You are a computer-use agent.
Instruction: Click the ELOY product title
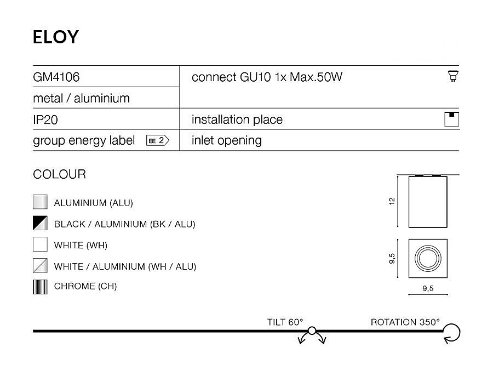tap(56, 37)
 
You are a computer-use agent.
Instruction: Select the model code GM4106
tap(56, 77)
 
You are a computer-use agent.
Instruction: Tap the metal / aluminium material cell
tap(81, 99)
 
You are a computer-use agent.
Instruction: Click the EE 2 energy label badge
tap(158, 140)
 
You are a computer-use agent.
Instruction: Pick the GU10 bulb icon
tap(452, 76)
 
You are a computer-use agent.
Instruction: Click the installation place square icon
tap(452, 119)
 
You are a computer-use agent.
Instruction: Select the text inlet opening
tap(227, 140)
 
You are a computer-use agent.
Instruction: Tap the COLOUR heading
tap(59, 175)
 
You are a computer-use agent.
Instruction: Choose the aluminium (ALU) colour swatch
tap(40, 202)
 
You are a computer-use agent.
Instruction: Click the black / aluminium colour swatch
tap(40, 224)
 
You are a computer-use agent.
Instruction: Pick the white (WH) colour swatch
tap(40, 244)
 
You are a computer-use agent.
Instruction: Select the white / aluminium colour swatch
tap(40, 266)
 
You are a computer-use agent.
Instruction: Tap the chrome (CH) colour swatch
tap(40, 287)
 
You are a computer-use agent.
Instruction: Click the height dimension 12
tap(392, 201)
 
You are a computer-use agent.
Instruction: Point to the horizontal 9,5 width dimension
tap(428, 289)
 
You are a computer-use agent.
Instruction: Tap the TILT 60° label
tap(285, 322)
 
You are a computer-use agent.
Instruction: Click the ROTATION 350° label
tap(405, 322)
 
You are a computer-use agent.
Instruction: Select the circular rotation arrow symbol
tap(452, 332)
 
